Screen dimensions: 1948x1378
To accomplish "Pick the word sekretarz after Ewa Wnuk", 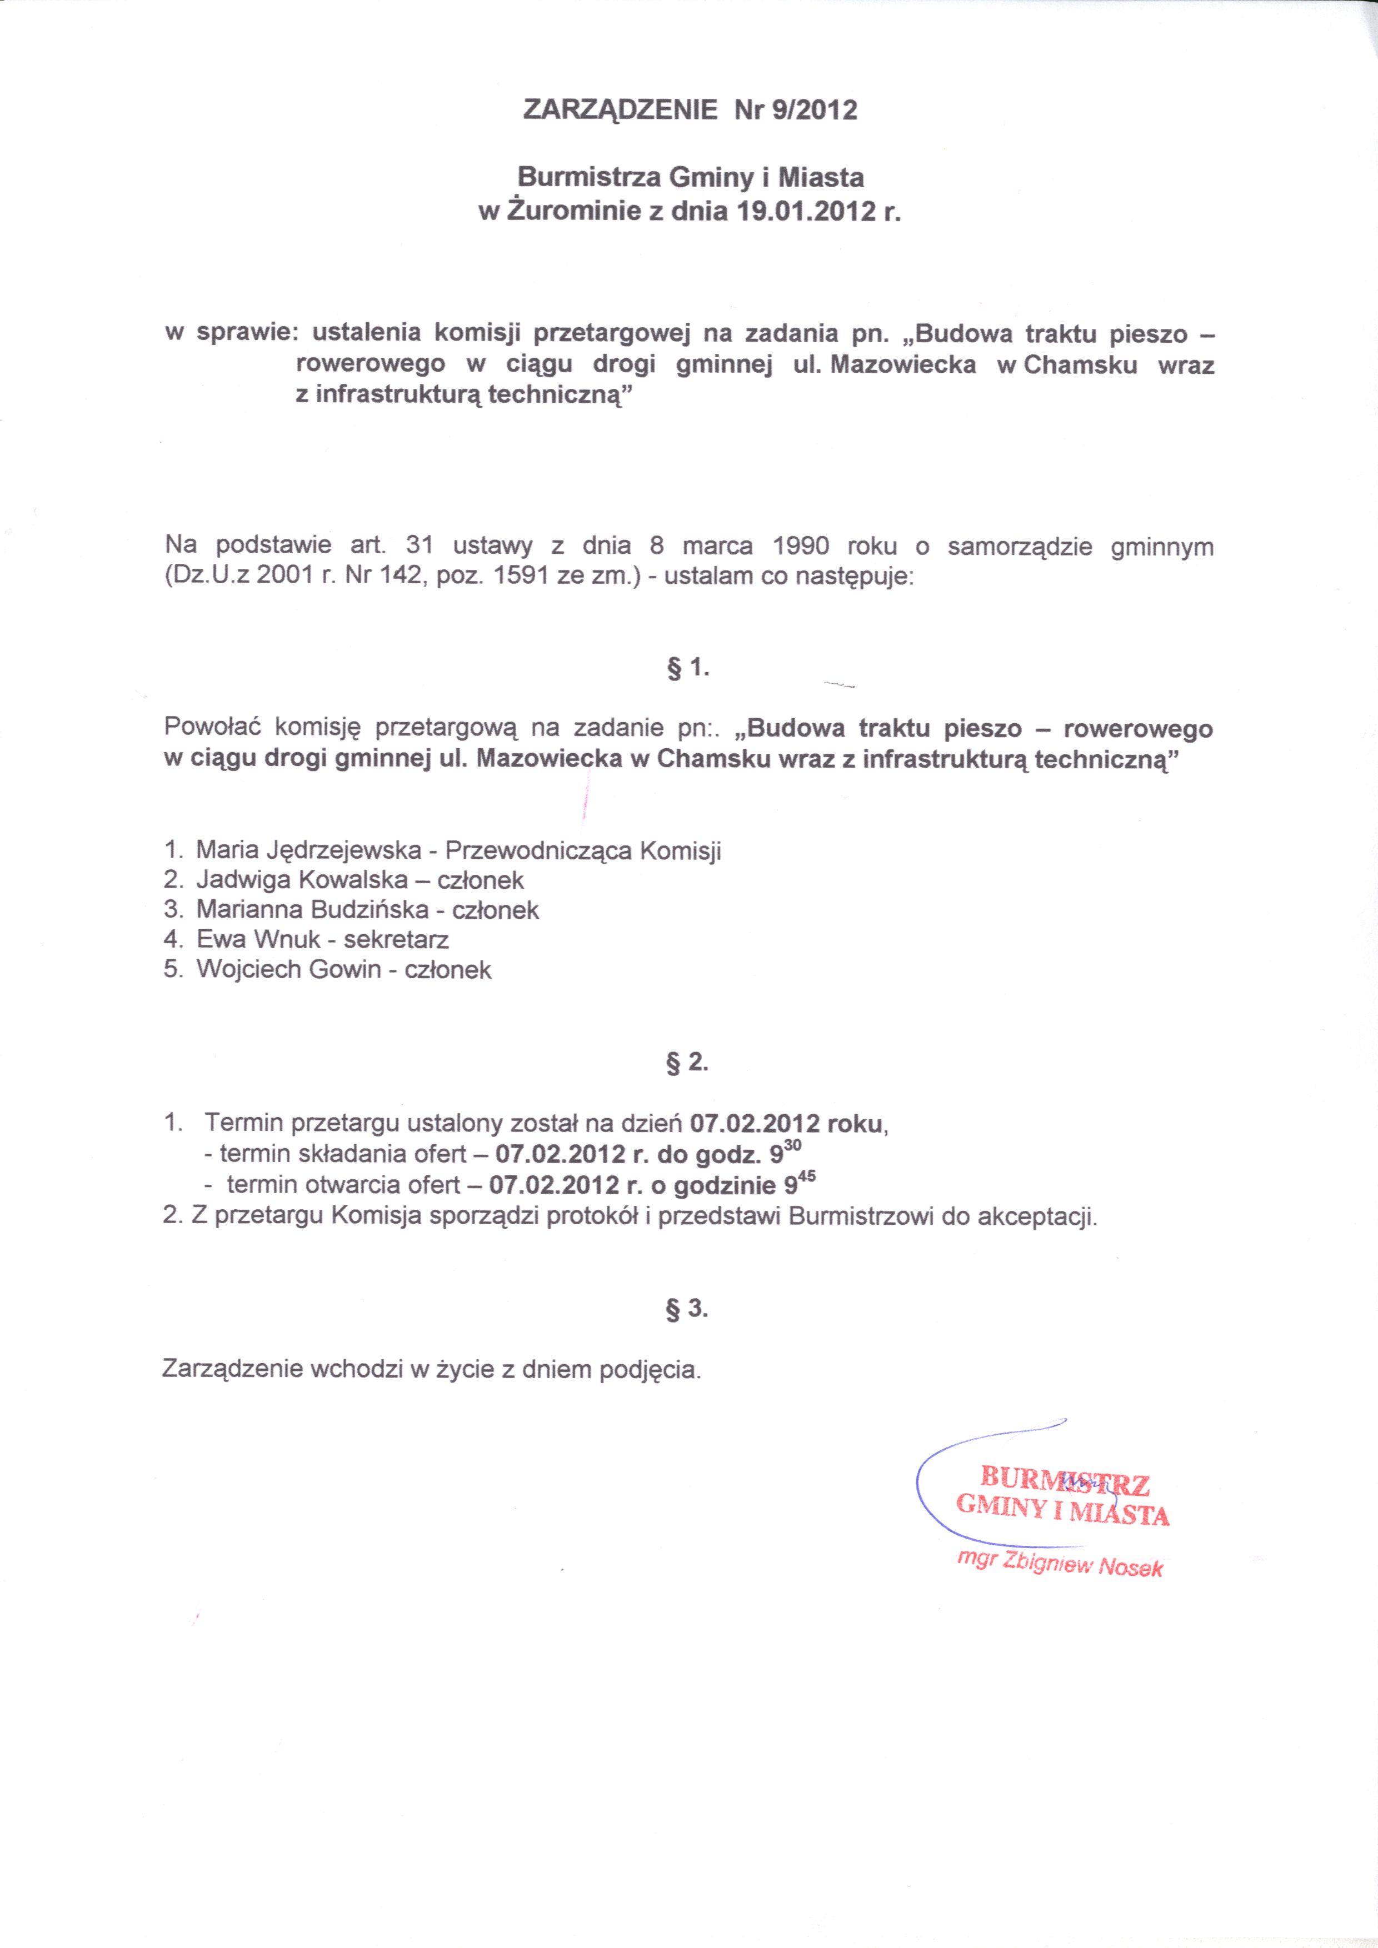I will [396, 939].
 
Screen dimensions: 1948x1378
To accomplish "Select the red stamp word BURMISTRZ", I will [1065, 1480].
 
